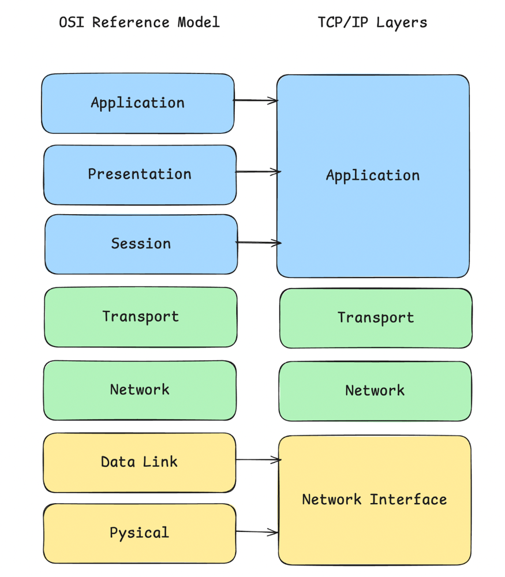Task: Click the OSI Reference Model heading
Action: [x=139, y=23]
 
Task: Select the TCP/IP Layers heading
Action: [x=372, y=23]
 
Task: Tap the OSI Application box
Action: [x=138, y=103]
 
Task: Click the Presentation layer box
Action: [x=140, y=174]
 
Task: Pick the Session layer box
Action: [x=141, y=244]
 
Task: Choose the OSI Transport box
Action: [x=140, y=317]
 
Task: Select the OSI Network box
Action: [x=140, y=390]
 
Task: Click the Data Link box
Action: [x=139, y=462]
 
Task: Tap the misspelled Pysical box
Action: [x=139, y=533]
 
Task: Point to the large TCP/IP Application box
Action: [x=373, y=176]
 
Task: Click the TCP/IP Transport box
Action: [x=376, y=318]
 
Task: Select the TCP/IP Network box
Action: [x=375, y=391]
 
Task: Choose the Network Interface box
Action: [x=374, y=500]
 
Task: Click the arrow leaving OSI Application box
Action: [x=256, y=101]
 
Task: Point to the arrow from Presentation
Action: [x=258, y=172]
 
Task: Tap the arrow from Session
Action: [x=259, y=243]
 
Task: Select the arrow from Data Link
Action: [x=258, y=460]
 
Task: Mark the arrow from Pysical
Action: [x=257, y=532]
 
